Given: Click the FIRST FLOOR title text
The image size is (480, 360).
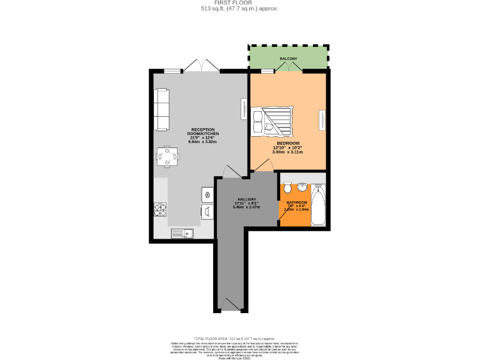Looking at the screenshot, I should (239, 3).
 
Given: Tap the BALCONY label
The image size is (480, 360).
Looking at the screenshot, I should (288, 59).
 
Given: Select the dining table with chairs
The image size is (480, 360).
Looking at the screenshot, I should (167, 156).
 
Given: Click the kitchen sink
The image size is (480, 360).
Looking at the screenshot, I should (182, 234).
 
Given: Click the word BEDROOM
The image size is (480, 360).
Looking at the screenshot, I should (288, 143).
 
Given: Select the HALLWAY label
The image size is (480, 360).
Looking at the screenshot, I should (246, 199).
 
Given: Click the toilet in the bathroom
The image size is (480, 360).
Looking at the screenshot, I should (287, 188).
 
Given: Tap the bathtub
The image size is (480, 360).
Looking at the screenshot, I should (318, 206).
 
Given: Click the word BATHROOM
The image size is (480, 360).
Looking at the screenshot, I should (296, 202).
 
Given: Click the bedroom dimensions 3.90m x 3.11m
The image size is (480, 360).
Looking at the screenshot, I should (289, 152).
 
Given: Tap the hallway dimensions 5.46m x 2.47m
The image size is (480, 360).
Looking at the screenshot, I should (246, 207).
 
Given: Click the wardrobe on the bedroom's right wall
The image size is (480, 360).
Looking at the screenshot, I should (322, 119).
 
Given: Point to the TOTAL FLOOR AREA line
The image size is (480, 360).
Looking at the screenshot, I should (239, 336).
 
